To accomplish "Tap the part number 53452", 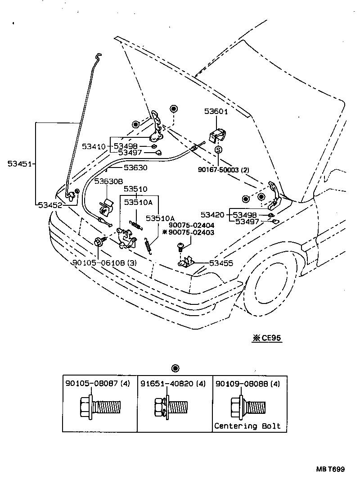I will point(50,205).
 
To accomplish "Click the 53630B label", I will point(108,181).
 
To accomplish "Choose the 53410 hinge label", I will point(93,146).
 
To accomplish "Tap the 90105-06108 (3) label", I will point(103,263).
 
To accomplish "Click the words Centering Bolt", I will point(247,426).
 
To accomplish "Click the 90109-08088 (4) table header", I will point(247,384).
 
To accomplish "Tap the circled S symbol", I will point(218,149).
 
